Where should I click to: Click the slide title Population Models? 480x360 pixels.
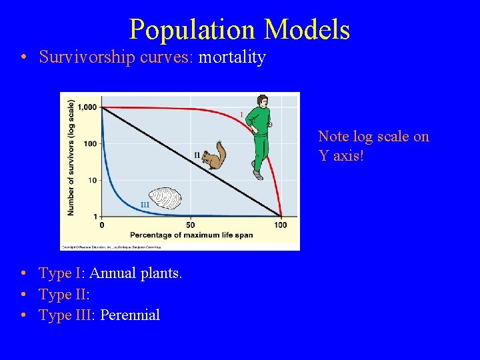[239, 30]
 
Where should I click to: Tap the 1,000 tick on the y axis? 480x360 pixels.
[87, 107]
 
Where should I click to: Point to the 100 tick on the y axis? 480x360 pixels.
[89, 143]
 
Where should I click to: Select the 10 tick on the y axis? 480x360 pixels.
[92, 180]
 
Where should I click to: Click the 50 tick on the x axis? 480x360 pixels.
[190, 225]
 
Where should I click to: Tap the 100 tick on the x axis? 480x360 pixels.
[280, 225]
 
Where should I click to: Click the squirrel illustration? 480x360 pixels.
[214, 157]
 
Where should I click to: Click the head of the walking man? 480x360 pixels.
[262, 101]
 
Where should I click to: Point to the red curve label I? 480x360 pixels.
[241, 115]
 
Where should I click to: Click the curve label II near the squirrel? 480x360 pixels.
[197, 155]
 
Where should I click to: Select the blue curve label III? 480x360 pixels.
[145, 205]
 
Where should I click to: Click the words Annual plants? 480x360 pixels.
[135, 273]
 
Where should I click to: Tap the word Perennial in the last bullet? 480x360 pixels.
[130, 315]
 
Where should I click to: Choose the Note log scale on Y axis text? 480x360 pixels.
[373, 146]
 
